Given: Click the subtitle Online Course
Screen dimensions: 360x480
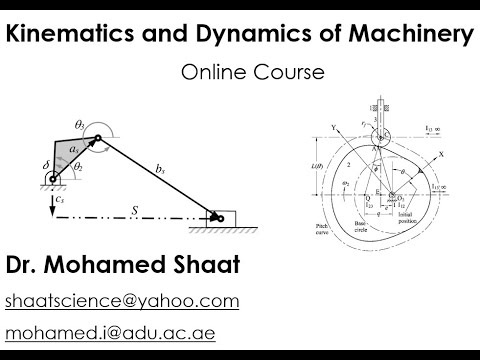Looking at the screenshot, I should coord(239,72).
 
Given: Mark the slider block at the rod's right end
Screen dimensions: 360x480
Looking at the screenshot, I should coord(217,214).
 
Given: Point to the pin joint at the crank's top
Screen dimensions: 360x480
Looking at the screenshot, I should coord(99,141).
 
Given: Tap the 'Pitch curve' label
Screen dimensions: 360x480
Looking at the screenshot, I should coord(318,232).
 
